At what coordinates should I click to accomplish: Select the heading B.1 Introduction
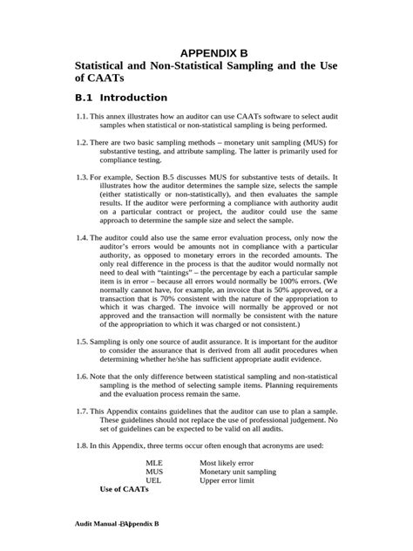click(x=121, y=98)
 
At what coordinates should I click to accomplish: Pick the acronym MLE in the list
click(x=153, y=463)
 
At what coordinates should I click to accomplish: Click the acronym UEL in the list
click(x=153, y=480)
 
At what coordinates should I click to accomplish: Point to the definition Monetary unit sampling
click(x=238, y=472)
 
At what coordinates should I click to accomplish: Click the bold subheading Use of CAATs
click(x=125, y=489)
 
